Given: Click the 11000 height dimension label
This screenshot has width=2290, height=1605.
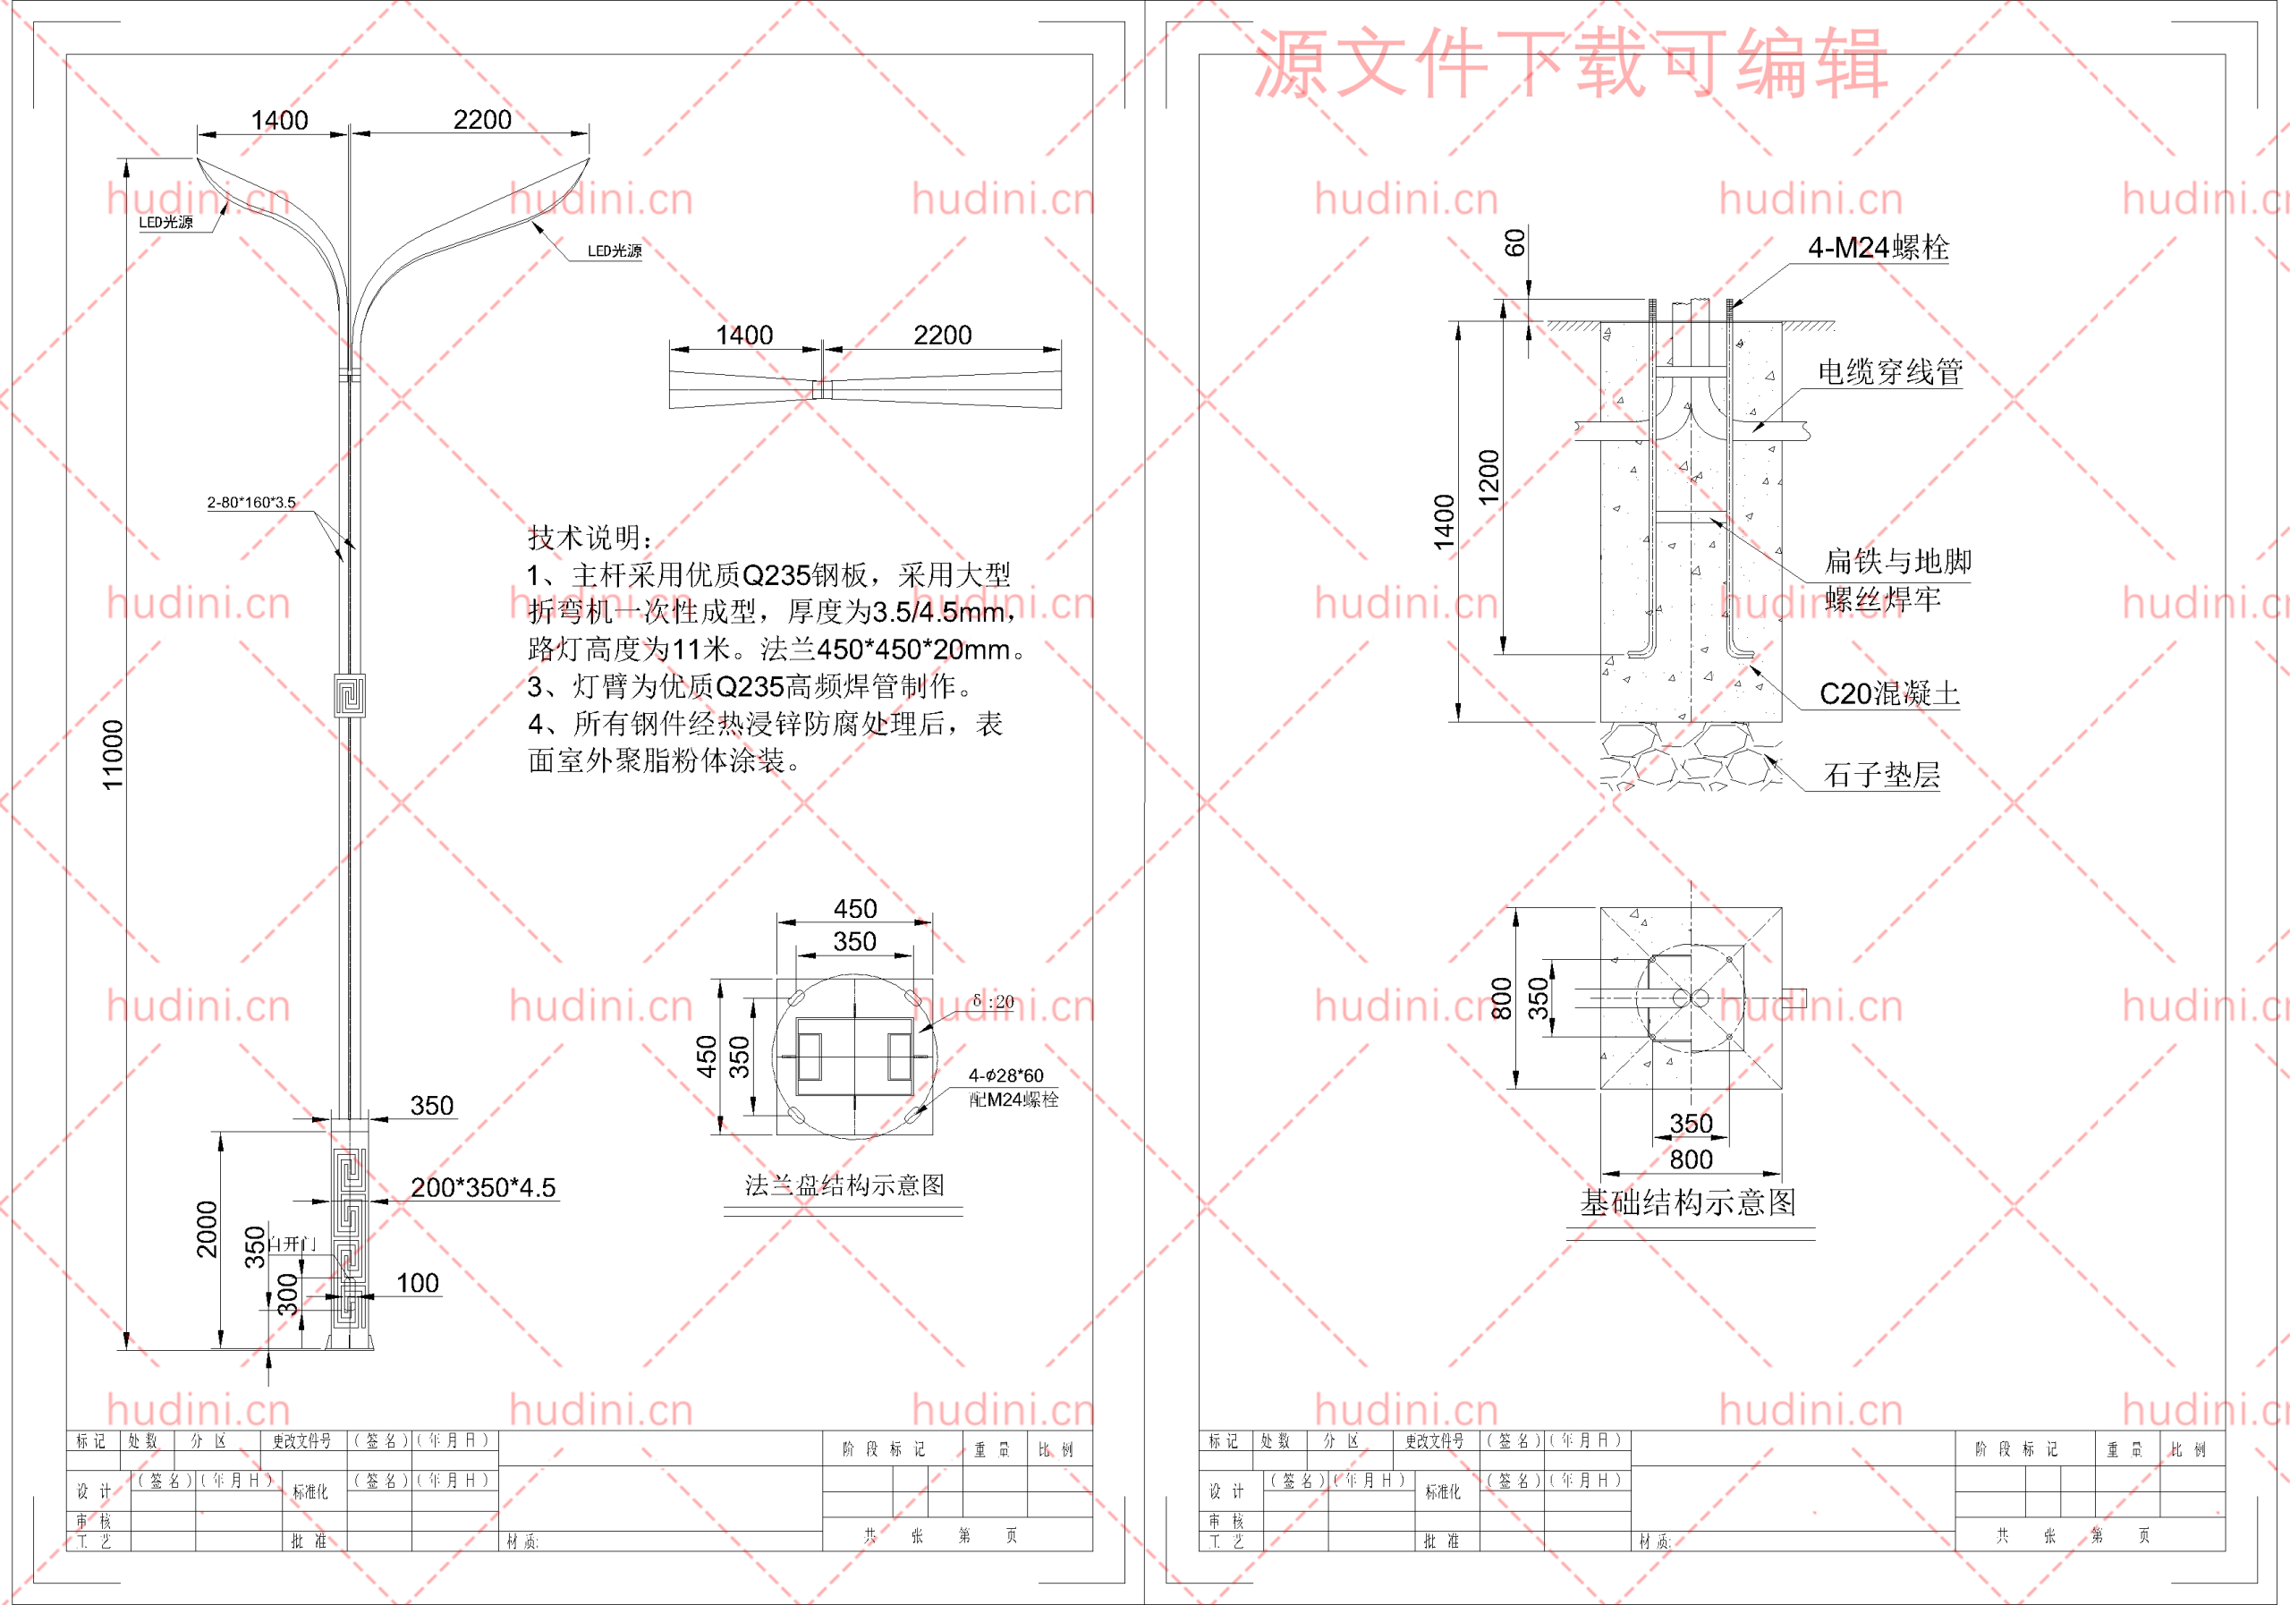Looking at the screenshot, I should [x=113, y=754].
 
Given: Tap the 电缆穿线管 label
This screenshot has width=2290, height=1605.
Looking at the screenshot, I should [x=1889, y=372].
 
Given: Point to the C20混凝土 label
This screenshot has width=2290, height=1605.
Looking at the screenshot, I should [x=1889, y=693].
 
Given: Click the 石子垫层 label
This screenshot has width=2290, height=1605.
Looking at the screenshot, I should [x=1881, y=775].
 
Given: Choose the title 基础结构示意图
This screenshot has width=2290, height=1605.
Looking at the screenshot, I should [x=1688, y=1202].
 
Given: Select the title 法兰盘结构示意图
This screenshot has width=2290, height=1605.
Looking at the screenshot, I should [x=844, y=1185].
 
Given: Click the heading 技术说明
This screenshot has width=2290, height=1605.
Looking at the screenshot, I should [x=589, y=538].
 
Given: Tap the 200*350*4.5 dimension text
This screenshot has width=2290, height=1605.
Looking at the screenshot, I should [x=483, y=1187].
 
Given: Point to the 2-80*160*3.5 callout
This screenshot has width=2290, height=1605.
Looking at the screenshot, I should [x=251, y=502].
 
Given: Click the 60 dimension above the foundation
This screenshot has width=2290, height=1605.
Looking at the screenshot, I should [x=1515, y=242].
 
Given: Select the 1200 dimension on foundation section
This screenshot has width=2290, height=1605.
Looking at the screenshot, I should [x=1489, y=477].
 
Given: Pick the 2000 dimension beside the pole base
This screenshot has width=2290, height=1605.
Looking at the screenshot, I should [x=207, y=1229].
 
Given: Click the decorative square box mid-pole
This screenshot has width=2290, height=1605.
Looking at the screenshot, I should [x=349, y=695].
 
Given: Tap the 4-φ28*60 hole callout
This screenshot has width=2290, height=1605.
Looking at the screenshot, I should [x=1005, y=1075].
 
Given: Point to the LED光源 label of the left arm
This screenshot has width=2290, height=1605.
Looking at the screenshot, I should [x=165, y=223].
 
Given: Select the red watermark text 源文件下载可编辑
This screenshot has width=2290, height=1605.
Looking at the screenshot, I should [x=1570, y=64].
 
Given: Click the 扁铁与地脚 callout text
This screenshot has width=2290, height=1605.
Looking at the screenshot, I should [x=1897, y=562].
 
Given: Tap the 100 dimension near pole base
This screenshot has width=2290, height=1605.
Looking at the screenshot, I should [x=417, y=1283].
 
